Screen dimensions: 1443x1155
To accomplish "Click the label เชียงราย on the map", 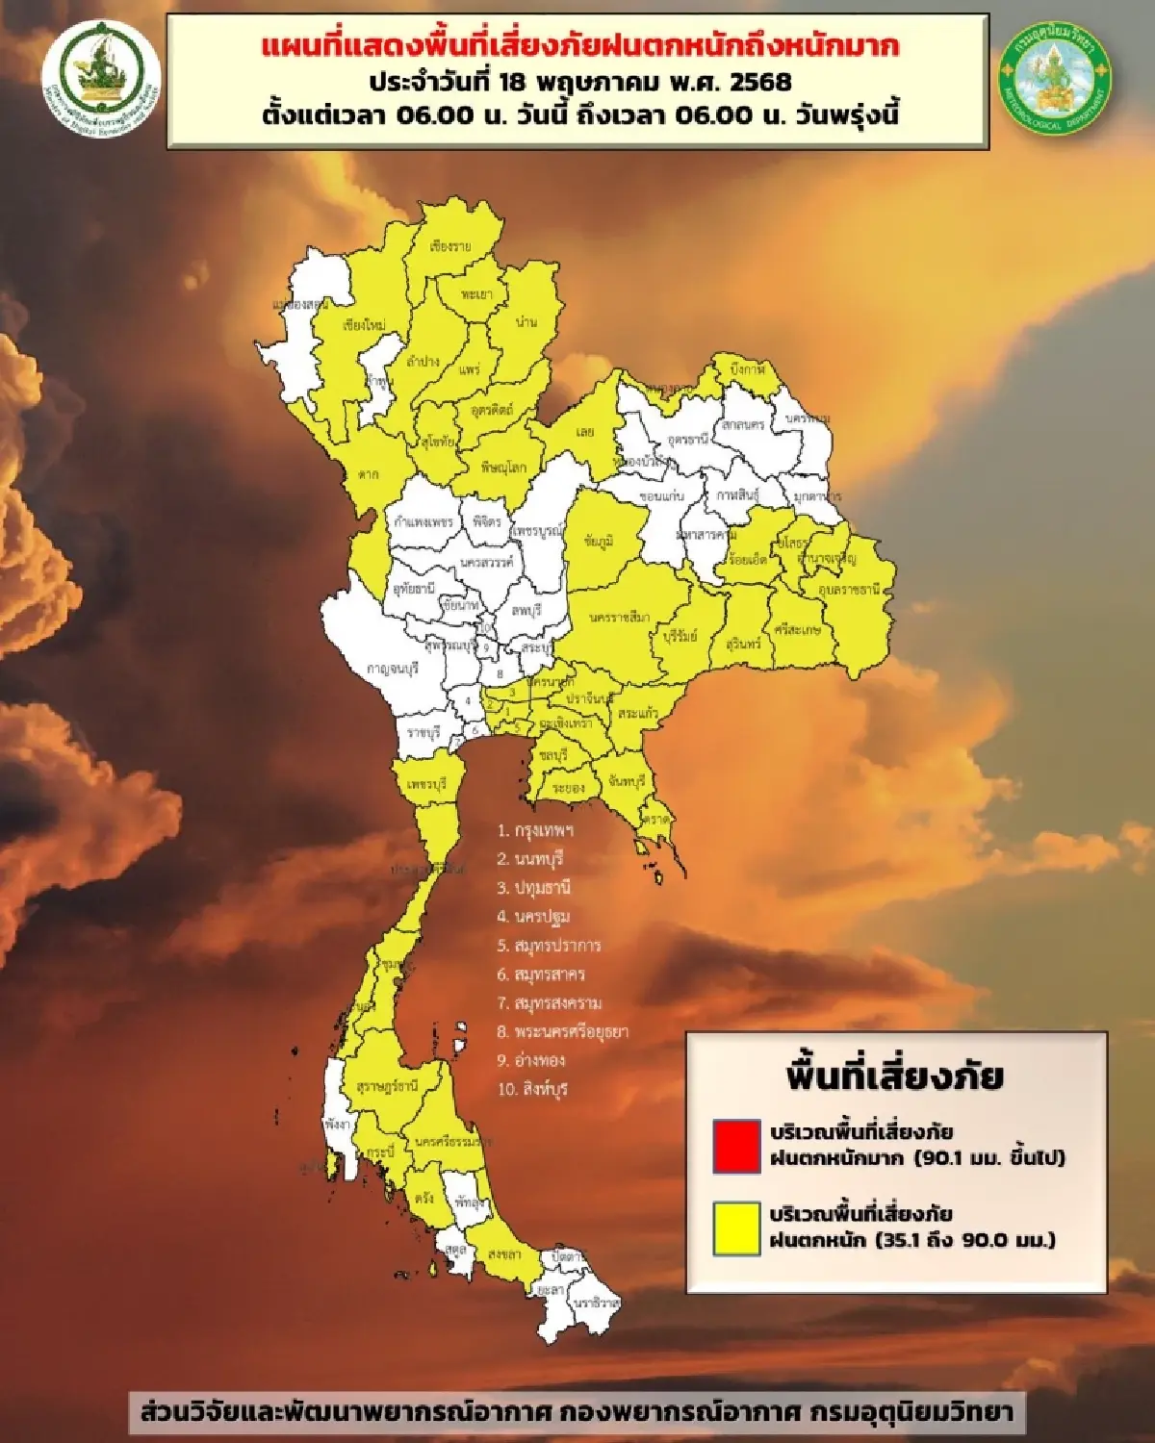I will [x=450, y=247].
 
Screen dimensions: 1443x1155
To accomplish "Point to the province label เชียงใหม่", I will [x=364, y=325].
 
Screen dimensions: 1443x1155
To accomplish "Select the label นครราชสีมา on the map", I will [x=619, y=617].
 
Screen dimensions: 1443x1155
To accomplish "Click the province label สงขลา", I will [x=505, y=1254].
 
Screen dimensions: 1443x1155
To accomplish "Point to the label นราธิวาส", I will [x=598, y=1303].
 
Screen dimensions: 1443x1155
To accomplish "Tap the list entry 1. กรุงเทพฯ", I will [x=535, y=830].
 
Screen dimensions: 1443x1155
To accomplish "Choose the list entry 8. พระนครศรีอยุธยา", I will [x=563, y=1032].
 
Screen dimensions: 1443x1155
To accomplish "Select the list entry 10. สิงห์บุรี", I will [x=533, y=1090].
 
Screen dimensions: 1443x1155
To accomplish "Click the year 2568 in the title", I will [x=760, y=82].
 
